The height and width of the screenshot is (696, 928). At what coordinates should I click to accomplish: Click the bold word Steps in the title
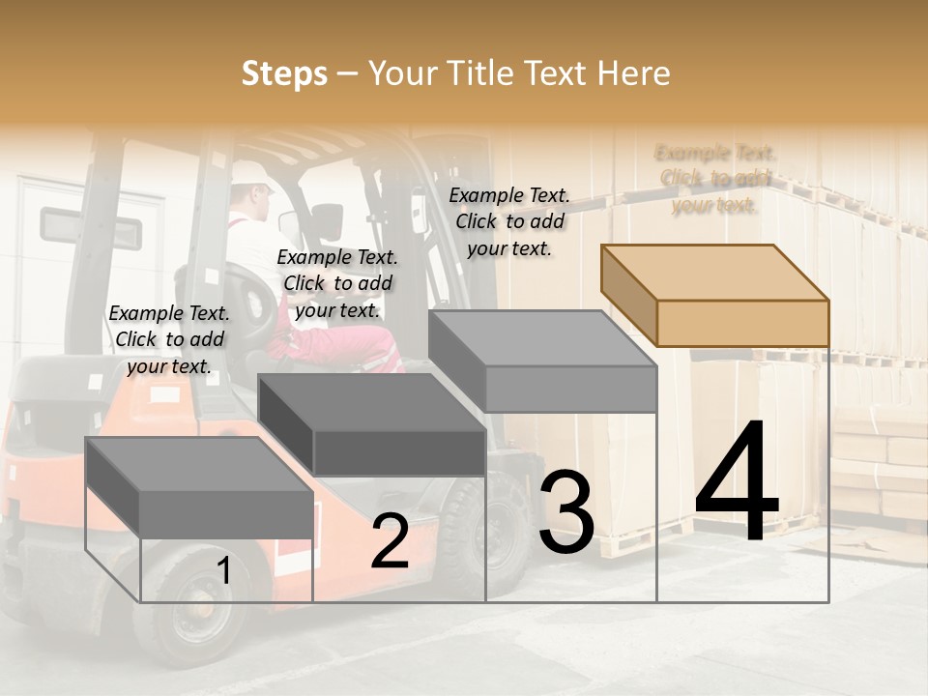[283, 73]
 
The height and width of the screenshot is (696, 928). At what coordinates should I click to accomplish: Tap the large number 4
[737, 482]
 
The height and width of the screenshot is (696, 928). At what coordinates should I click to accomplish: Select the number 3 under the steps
[566, 511]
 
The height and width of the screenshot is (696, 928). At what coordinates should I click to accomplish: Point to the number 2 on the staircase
[390, 541]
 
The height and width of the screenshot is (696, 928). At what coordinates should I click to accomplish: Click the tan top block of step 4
[715, 295]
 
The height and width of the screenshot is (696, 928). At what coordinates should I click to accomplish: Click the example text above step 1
[169, 339]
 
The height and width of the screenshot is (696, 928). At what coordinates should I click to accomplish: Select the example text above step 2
[337, 283]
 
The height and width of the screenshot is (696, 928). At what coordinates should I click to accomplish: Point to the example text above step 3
[509, 221]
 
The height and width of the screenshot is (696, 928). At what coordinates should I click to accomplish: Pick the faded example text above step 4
[715, 178]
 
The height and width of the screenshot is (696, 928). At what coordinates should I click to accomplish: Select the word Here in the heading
[633, 73]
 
